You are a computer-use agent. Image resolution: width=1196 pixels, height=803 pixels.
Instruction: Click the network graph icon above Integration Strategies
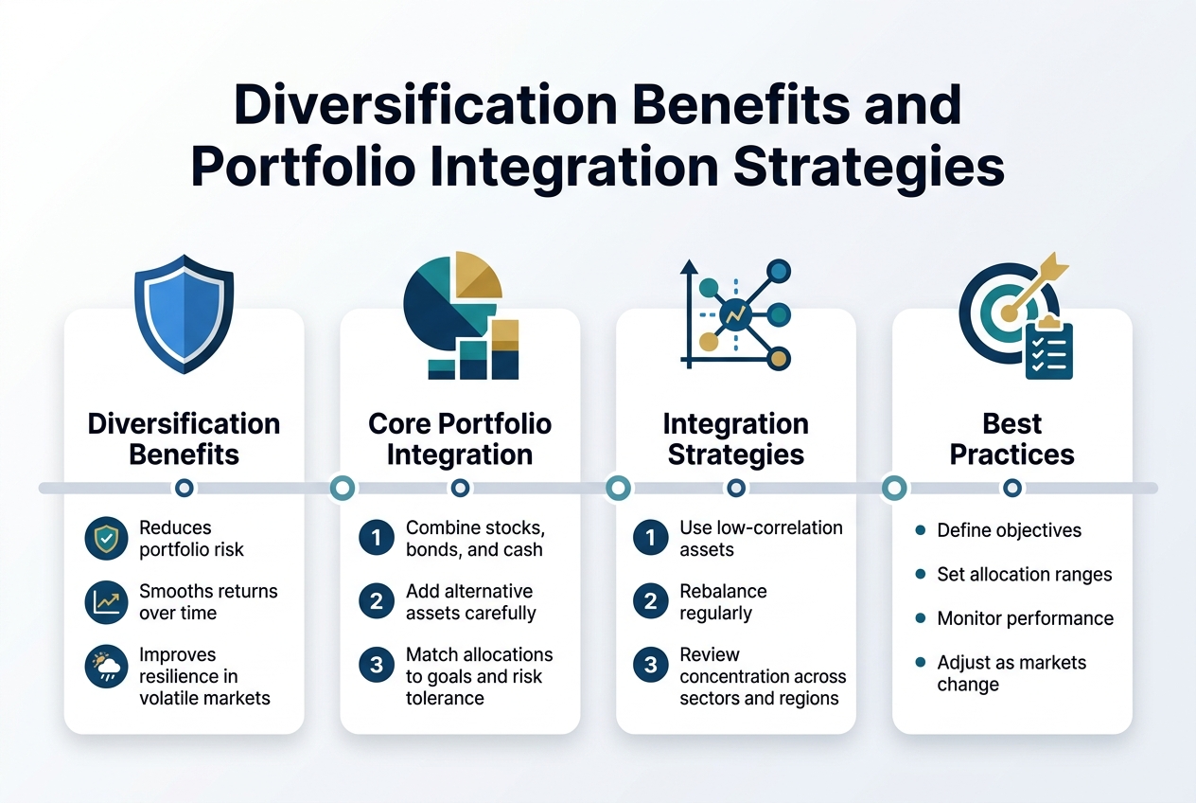tap(736, 313)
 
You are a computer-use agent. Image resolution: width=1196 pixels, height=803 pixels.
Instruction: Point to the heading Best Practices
tap(1011, 438)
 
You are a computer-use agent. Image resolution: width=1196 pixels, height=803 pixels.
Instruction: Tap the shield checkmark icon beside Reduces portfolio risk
tap(105, 539)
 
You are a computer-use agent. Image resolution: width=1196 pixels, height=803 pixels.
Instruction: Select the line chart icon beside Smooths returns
tap(105, 602)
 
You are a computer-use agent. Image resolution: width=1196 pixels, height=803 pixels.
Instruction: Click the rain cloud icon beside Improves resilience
tap(105, 666)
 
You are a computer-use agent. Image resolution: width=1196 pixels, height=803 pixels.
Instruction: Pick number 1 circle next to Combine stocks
tap(377, 539)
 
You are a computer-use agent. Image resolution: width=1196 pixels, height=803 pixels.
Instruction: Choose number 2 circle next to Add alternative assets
tap(377, 601)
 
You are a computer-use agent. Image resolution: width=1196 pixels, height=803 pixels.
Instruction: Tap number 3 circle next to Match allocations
tap(377, 665)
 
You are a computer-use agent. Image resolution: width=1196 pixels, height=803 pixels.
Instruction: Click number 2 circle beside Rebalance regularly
tap(650, 601)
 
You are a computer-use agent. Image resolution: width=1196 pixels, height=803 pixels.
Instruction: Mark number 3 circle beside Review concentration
tap(650, 665)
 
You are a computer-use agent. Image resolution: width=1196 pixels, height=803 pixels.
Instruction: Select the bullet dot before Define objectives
tap(920, 530)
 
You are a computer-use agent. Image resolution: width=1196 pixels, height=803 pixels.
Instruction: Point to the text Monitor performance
tap(1025, 618)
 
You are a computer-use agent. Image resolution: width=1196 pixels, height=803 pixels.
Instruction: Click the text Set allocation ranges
tap(1024, 574)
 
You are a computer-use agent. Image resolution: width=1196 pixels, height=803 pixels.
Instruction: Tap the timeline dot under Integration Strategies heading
tap(736, 488)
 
